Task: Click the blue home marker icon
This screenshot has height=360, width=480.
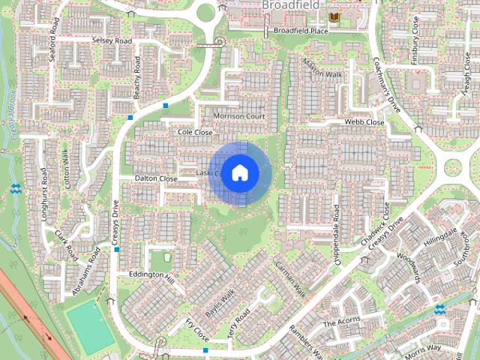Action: [x=239, y=173]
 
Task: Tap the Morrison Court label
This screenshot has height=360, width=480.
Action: [x=239, y=117]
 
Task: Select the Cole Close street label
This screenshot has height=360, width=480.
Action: [x=195, y=132]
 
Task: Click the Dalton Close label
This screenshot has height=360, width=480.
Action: [x=155, y=179]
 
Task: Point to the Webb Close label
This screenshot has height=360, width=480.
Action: [x=364, y=122]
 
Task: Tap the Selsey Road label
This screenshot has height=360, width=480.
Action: [x=111, y=40]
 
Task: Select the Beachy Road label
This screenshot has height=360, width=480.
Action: [x=137, y=77]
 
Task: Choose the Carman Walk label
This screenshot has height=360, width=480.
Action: [x=291, y=277]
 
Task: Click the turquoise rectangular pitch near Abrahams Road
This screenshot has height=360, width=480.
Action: [x=89, y=321]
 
